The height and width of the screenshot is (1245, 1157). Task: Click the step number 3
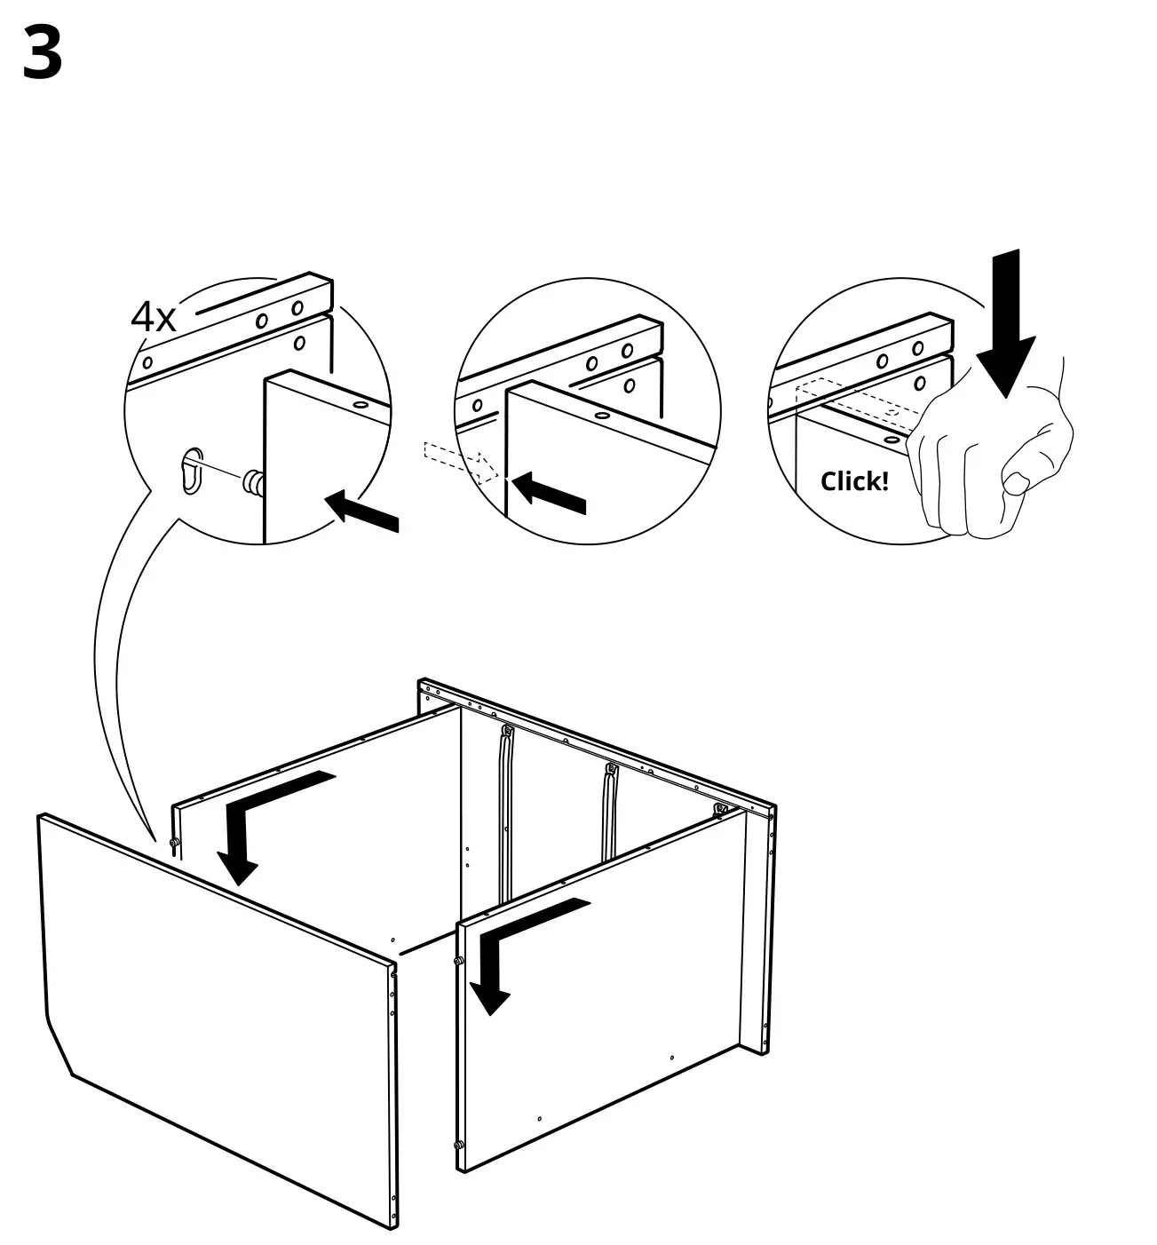pos(42,53)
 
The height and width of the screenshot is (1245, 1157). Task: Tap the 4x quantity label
pos(154,317)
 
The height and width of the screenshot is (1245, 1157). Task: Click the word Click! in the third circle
pos(853,481)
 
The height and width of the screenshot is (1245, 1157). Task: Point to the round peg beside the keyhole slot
pos(254,483)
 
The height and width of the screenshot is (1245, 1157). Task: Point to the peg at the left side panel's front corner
pos(174,843)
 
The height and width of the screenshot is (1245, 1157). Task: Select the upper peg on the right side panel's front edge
pos(458,961)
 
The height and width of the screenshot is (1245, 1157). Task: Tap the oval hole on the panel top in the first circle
pos(361,405)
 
